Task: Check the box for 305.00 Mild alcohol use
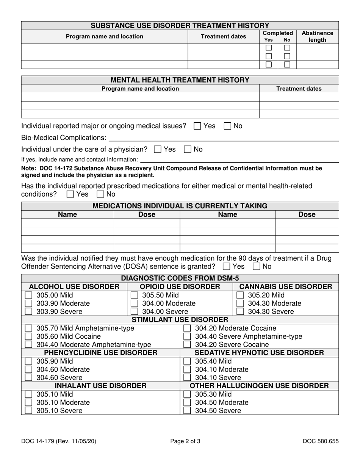pyautogui.click(x=28, y=295)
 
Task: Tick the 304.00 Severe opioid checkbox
pyautogui.click(x=134, y=312)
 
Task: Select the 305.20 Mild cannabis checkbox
pyautogui.click(x=240, y=295)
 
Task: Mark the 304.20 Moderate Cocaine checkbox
pyautogui.click(x=187, y=328)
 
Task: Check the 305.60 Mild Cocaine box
pyautogui.click(x=28, y=336)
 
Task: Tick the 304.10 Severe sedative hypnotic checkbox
pyautogui.click(x=187, y=378)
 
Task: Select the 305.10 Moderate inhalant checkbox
pyautogui.click(x=28, y=402)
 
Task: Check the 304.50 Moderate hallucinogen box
pyautogui.click(x=187, y=402)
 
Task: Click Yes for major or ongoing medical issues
pyautogui.click(x=197, y=126)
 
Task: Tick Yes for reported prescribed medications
pyautogui.click(x=70, y=194)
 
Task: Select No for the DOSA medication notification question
pyautogui.click(x=256, y=266)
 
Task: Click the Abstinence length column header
pyautogui.click(x=317, y=36)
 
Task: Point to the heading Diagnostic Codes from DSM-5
pyautogui.click(x=180, y=278)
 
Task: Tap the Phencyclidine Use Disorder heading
pyautogui.click(x=101, y=353)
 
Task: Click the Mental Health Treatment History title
pyautogui.click(x=180, y=80)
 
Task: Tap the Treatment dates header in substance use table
pyautogui.click(x=223, y=36)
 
